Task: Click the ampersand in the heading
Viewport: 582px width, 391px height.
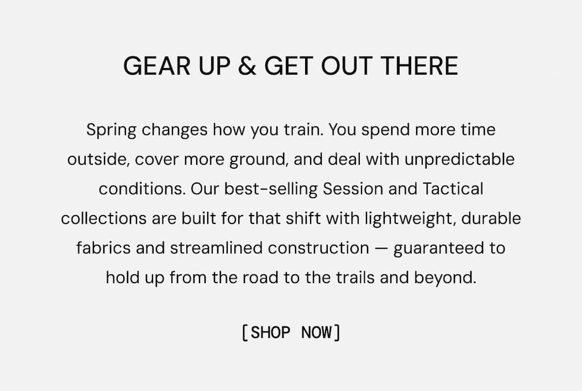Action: pos(248,66)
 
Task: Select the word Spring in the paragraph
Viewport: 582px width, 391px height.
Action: pos(111,131)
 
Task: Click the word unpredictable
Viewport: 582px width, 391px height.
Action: pos(459,160)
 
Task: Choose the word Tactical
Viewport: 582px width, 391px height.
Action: pos(453,189)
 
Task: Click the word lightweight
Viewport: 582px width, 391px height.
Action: pos(410,219)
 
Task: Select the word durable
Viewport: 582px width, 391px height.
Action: pos(491,218)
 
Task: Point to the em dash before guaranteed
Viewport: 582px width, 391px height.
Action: pos(381,248)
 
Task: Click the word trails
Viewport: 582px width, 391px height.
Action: pos(355,277)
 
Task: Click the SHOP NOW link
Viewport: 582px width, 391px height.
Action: pos(291,333)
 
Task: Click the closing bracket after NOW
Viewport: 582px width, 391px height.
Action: pos(337,333)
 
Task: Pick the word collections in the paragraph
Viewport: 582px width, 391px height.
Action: pos(104,218)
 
